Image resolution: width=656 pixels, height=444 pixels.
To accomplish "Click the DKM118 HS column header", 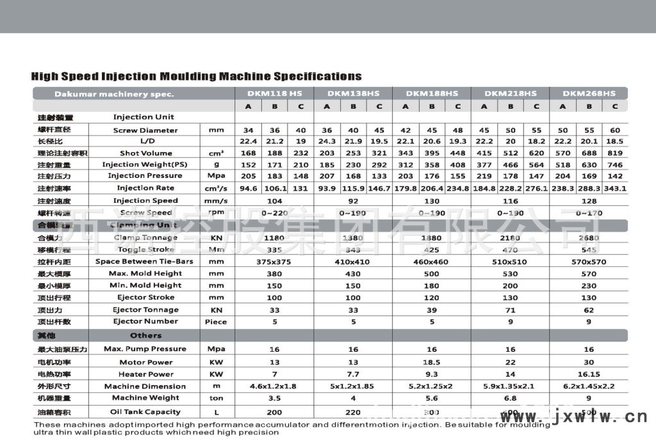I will (275, 93).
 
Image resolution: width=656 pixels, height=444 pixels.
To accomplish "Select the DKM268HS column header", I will (589, 93).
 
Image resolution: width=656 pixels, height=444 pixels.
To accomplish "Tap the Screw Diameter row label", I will (145, 130).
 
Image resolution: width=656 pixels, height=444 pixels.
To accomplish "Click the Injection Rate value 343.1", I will (615, 188).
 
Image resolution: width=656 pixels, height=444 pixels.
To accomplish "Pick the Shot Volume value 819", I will (615, 153).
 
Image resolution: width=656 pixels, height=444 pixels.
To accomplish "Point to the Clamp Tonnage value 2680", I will (589, 238).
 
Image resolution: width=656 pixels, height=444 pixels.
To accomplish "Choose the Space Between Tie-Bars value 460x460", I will (432, 262).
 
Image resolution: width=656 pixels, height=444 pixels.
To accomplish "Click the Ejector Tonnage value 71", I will (510, 310).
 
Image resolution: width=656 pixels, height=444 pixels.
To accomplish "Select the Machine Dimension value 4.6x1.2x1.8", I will (275, 386).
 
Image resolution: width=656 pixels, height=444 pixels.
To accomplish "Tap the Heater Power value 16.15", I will (589, 374).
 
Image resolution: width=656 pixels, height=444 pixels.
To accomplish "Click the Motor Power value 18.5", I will (432, 362).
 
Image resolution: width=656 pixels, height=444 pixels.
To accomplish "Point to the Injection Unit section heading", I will (143, 117).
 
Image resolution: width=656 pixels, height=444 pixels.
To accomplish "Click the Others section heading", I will (146, 335).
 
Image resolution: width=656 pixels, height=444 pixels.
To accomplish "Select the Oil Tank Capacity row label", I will (145, 411).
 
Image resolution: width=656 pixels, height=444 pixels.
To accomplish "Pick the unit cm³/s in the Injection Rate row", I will (217, 188).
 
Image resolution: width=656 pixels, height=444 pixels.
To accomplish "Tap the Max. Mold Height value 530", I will (510, 274).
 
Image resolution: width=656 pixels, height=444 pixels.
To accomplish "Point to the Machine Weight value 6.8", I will (510, 399).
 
